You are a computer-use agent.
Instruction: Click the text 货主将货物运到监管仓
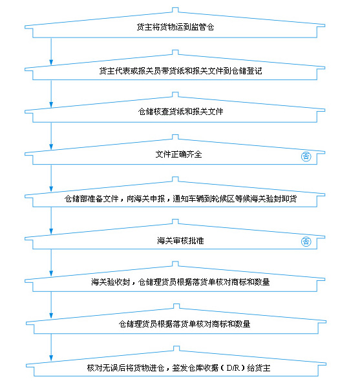pyautogui.click(x=175, y=27)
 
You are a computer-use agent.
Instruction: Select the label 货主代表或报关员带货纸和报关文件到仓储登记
pyautogui.click(x=180, y=70)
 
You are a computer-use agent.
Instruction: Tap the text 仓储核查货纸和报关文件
pyautogui.click(x=180, y=112)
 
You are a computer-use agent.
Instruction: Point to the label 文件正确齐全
pyautogui.click(x=179, y=154)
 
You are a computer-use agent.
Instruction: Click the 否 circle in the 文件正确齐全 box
pyautogui.click(x=306, y=156)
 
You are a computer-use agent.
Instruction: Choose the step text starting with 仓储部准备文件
pyautogui.click(x=180, y=199)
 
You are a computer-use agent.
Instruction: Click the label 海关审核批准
pyautogui.click(x=180, y=241)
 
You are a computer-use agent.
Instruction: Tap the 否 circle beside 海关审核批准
pyautogui.click(x=306, y=242)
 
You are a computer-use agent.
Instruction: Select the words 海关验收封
pyautogui.click(x=111, y=282)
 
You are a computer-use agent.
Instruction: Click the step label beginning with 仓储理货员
pyautogui.click(x=184, y=324)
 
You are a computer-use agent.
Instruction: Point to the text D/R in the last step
pyautogui.click(x=233, y=367)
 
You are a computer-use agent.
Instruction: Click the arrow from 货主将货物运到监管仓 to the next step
pyautogui.click(x=51, y=51)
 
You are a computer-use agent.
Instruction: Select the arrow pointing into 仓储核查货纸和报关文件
pyautogui.click(x=51, y=94)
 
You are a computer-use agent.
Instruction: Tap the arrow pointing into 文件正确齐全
pyautogui.click(x=51, y=136)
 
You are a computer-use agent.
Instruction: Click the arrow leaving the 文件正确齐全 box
pyautogui.click(x=51, y=178)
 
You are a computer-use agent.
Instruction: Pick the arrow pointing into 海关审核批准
pyautogui.click(x=51, y=221)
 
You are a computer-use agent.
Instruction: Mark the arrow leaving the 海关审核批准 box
pyautogui.click(x=51, y=263)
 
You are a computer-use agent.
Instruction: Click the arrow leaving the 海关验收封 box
pyautogui.click(x=51, y=305)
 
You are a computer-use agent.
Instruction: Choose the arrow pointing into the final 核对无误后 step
pyautogui.click(x=51, y=347)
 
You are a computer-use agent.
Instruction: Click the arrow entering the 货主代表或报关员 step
pyautogui.click(x=51, y=51)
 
